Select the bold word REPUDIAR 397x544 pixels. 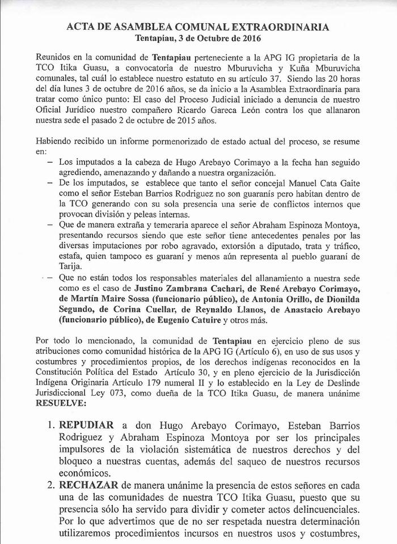[x=85, y=426]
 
